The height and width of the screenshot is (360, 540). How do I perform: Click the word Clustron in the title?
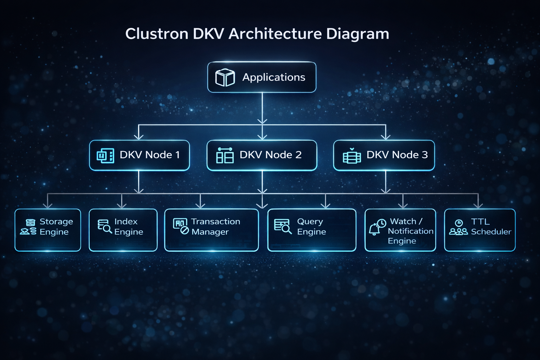[x=157, y=34]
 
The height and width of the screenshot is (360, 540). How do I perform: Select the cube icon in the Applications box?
[x=225, y=77]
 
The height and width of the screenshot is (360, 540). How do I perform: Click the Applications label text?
[x=274, y=77]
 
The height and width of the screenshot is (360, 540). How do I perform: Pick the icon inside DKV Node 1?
[x=105, y=155]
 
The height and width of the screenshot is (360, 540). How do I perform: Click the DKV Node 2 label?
[x=270, y=155]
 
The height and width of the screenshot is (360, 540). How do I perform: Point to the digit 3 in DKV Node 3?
[x=425, y=155]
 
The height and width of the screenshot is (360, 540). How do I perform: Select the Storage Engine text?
[x=56, y=227]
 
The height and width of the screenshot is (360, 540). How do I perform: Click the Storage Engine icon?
[x=29, y=227]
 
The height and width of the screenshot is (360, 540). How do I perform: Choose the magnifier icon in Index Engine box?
[x=104, y=227]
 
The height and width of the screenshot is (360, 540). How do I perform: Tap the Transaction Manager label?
[x=215, y=227]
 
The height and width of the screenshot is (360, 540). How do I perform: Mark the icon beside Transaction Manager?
[x=181, y=226]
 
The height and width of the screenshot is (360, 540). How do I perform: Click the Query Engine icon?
[x=283, y=226]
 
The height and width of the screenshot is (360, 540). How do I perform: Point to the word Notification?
[x=410, y=231]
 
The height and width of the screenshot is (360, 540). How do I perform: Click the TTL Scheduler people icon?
[x=458, y=227]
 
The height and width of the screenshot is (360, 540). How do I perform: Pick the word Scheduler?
[x=491, y=232]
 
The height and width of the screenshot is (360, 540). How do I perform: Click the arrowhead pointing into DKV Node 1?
[x=139, y=136]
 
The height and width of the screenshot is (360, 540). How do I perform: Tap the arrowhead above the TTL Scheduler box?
[x=478, y=205]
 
